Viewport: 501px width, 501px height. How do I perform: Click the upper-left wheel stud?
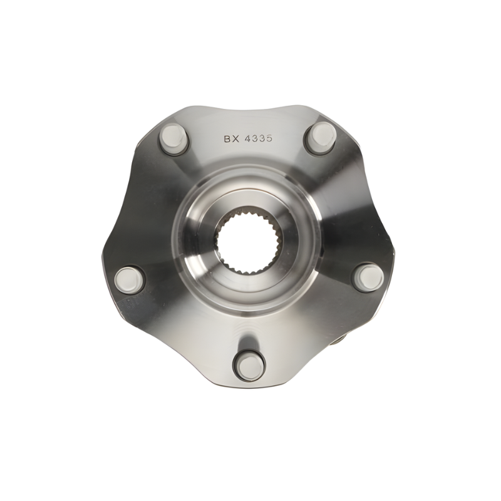click(x=173, y=139)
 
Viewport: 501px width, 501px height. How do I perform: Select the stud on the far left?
click(x=130, y=279)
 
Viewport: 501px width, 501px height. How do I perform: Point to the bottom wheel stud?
click(x=249, y=366)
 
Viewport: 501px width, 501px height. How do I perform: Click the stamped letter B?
click(x=227, y=139)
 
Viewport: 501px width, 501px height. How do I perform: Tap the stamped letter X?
click(x=237, y=139)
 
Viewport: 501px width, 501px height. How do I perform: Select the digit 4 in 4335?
click(x=247, y=138)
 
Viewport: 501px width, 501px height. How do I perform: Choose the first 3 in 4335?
click(x=255, y=138)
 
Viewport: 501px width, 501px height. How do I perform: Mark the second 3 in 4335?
click(x=262, y=138)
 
